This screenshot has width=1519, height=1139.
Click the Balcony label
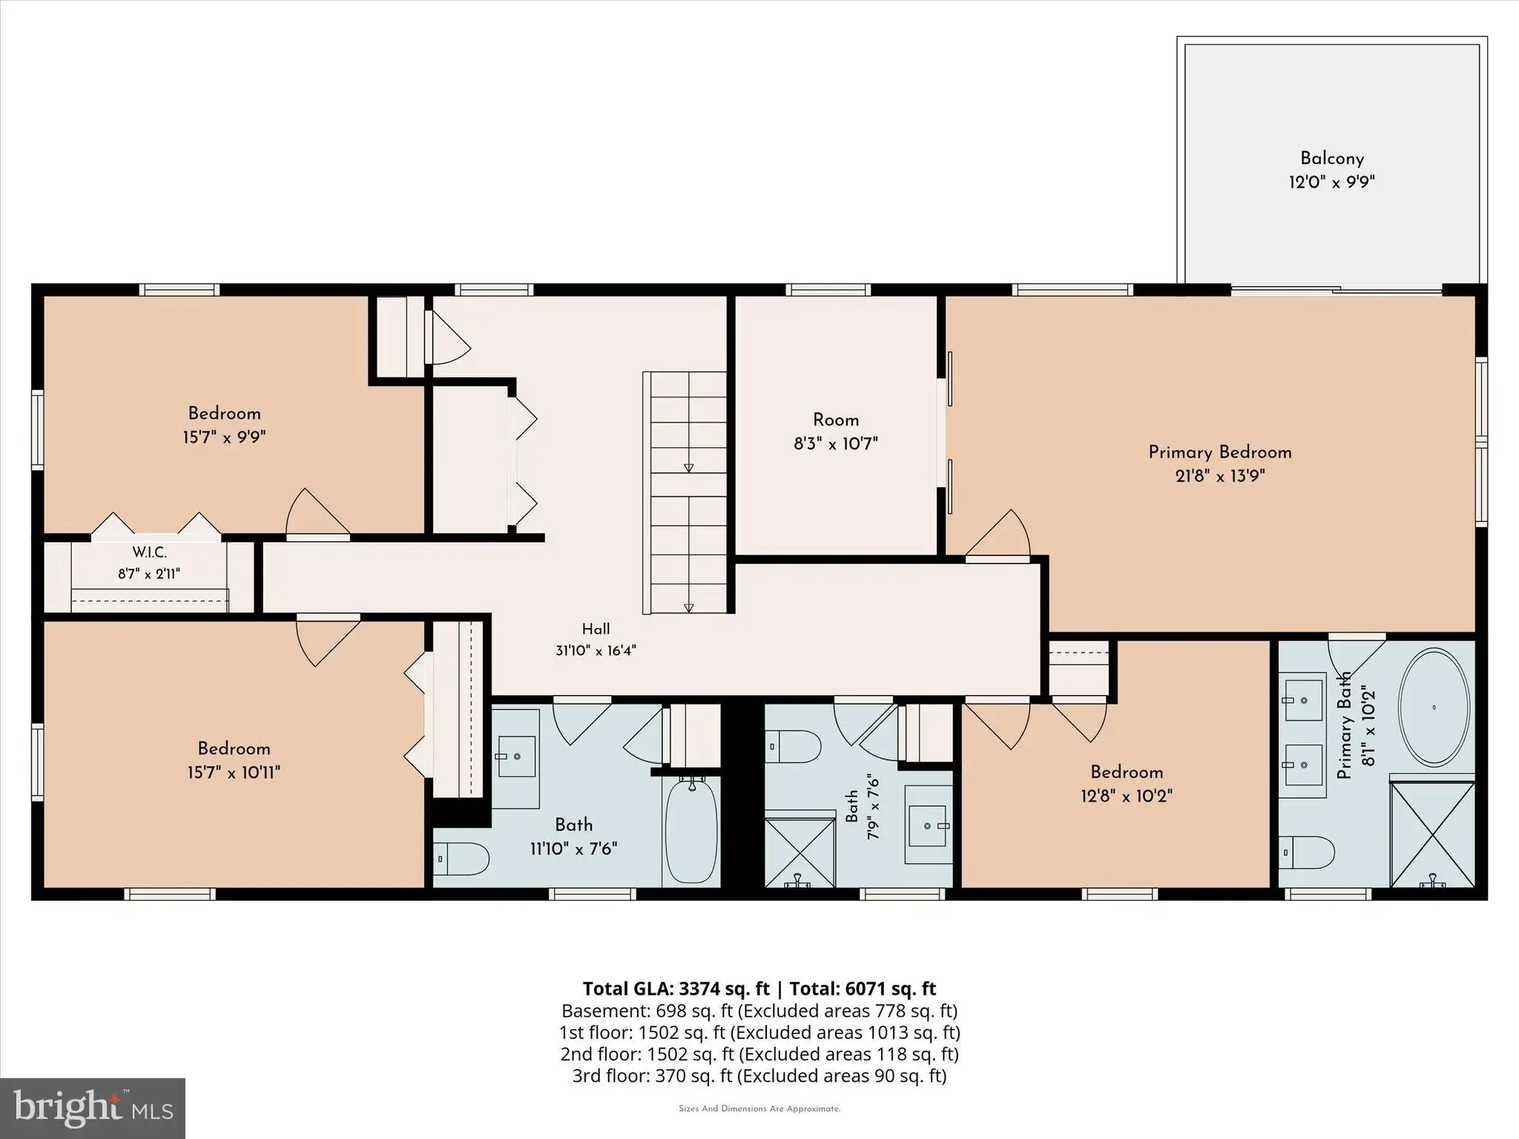pyautogui.click(x=1332, y=159)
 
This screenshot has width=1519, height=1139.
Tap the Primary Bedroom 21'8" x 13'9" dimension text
pyautogui.click(x=1220, y=475)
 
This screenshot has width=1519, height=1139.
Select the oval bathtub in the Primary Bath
pyautogui.click(x=1434, y=707)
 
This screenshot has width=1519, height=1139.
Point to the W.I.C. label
pyautogui.click(x=150, y=552)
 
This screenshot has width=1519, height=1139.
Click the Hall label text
pyautogui.click(x=596, y=629)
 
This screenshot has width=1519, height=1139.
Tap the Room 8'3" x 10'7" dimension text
pyautogui.click(x=836, y=443)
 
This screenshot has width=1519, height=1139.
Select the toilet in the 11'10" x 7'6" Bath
pyautogui.click(x=461, y=860)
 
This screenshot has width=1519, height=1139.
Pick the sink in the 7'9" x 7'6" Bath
pyautogui.click(x=927, y=825)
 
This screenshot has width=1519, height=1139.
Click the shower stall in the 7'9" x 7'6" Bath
pyautogui.click(x=800, y=852)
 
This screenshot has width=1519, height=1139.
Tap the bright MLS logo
pyautogui.click(x=93, y=1108)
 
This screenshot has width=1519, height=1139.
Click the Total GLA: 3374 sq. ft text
pyautogui.click(x=676, y=988)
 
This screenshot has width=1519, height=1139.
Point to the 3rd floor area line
pyautogui.click(x=759, y=1076)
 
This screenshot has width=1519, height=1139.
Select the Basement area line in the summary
pyautogui.click(x=759, y=1011)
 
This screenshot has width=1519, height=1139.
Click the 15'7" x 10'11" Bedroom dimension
pyautogui.click(x=234, y=773)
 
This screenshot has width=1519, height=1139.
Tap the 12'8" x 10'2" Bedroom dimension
pyautogui.click(x=1127, y=796)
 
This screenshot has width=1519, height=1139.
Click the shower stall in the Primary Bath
pyautogui.click(x=1432, y=831)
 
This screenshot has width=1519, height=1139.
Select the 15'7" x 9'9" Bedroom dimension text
pyautogui.click(x=224, y=437)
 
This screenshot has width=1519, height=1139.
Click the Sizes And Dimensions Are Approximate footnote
pyautogui.click(x=759, y=1109)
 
